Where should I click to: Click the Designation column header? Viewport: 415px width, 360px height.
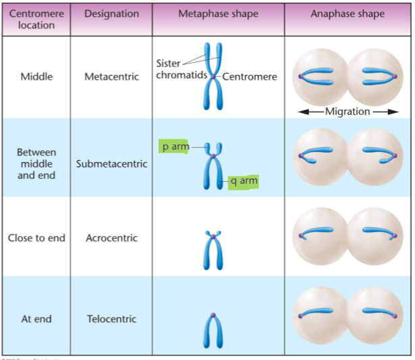tap(111, 14)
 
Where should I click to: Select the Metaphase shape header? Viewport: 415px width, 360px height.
tap(219, 14)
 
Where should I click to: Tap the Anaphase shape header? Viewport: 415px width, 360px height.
tap(348, 14)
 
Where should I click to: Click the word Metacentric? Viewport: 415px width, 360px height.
tap(111, 76)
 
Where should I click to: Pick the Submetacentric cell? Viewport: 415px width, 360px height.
tap(111, 163)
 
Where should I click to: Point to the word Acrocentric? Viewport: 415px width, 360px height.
tap(111, 238)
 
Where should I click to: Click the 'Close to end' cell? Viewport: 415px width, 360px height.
tap(36, 238)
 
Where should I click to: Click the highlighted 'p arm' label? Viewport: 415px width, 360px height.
tap(173, 147)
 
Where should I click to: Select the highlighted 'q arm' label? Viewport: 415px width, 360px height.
tap(244, 182)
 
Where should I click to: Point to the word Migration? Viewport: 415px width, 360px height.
tap(348, 111)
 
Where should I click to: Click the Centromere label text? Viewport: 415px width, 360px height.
tap(250, 76)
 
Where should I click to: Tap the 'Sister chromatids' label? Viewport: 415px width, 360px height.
tap(182, 69)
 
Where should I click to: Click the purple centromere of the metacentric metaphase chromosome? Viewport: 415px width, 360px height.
tap(213, 77)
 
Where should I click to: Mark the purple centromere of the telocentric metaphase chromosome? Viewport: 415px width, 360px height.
tap(213, 315)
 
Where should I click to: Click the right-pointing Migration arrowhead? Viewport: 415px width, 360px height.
tap(393, 112)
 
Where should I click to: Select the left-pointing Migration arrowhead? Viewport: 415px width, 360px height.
tap(304, 112)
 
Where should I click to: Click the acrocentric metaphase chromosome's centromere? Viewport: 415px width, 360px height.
tap(213, 236)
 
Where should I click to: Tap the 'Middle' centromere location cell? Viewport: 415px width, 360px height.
tap(36, 76)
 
